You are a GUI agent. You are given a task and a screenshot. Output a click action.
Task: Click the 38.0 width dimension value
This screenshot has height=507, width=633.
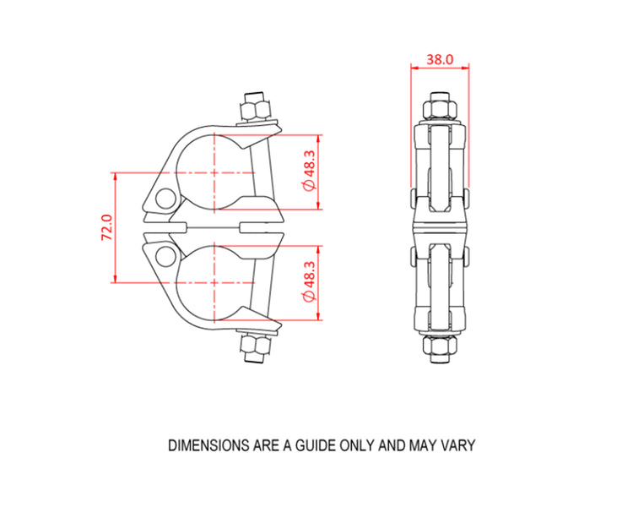pos(439,59)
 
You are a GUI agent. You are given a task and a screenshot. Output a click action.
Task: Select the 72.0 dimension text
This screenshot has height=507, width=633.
pos(107,227)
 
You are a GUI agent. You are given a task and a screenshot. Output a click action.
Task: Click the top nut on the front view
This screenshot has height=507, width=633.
pos(254,109)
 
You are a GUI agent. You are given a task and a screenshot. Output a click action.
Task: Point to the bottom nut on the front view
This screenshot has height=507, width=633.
pos(252,346)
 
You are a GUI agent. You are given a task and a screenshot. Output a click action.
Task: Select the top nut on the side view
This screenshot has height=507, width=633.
pos(438,108)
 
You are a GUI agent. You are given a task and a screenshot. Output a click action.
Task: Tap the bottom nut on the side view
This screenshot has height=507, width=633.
pos(438,346)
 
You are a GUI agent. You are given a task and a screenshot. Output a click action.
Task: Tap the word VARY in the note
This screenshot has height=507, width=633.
pos(459,444)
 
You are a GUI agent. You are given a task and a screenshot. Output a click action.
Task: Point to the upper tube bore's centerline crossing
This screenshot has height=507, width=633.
pos(216,172)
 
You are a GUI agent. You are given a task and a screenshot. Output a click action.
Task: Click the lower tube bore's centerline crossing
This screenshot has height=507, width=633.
pos(216,283)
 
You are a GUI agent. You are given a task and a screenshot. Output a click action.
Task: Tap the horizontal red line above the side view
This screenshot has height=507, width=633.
pos(438,68)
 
